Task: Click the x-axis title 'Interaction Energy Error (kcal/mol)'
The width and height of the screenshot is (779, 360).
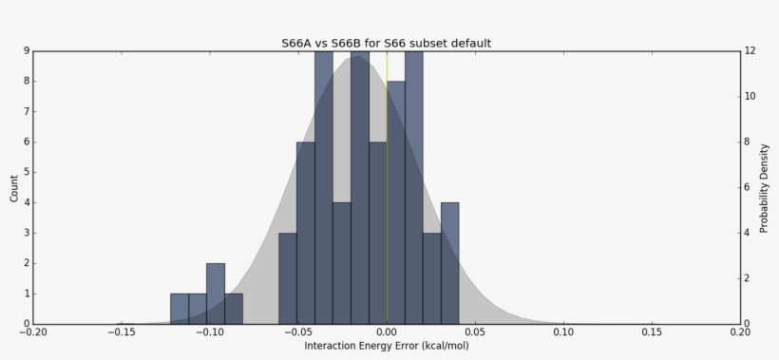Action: coord(387,346)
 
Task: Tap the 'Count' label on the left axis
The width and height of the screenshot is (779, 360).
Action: coord(14,187)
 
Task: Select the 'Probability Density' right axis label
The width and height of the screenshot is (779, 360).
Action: coord(764,187)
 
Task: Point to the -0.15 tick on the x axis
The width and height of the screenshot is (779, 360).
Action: coord(121,332)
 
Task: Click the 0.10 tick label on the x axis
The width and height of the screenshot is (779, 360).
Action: coord(564,332)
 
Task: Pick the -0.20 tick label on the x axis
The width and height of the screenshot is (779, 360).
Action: coord(32,332)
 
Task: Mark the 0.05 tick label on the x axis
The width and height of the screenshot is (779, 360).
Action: coord(476,332)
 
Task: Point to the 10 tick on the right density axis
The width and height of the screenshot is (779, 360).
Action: coord(750,96)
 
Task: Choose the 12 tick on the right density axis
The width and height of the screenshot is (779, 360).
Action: coord(750,50)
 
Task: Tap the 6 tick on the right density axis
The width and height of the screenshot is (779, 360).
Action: coord(750,187)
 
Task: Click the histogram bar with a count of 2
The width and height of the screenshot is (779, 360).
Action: coord(216,294)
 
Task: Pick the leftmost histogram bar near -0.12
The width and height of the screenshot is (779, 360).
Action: coord(180,309)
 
